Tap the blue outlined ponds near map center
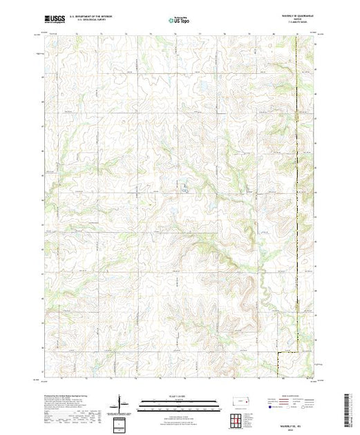pos(186,186)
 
